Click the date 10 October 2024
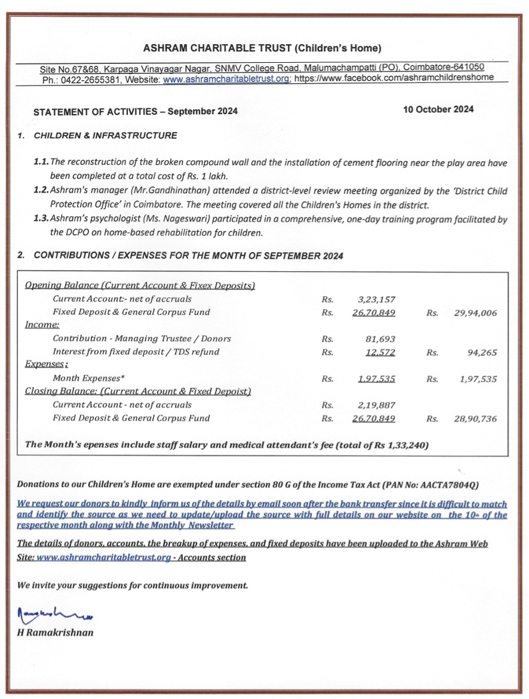[438, 109]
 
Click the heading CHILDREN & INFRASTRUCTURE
[106, 136]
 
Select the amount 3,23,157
[377, 299]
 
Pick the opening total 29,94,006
[475, 312]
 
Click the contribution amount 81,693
[380, 339]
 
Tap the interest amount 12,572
[380, 352]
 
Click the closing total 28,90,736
[475, 419]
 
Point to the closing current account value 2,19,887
[377, 405]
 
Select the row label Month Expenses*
[88, 379]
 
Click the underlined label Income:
[42, 325]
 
